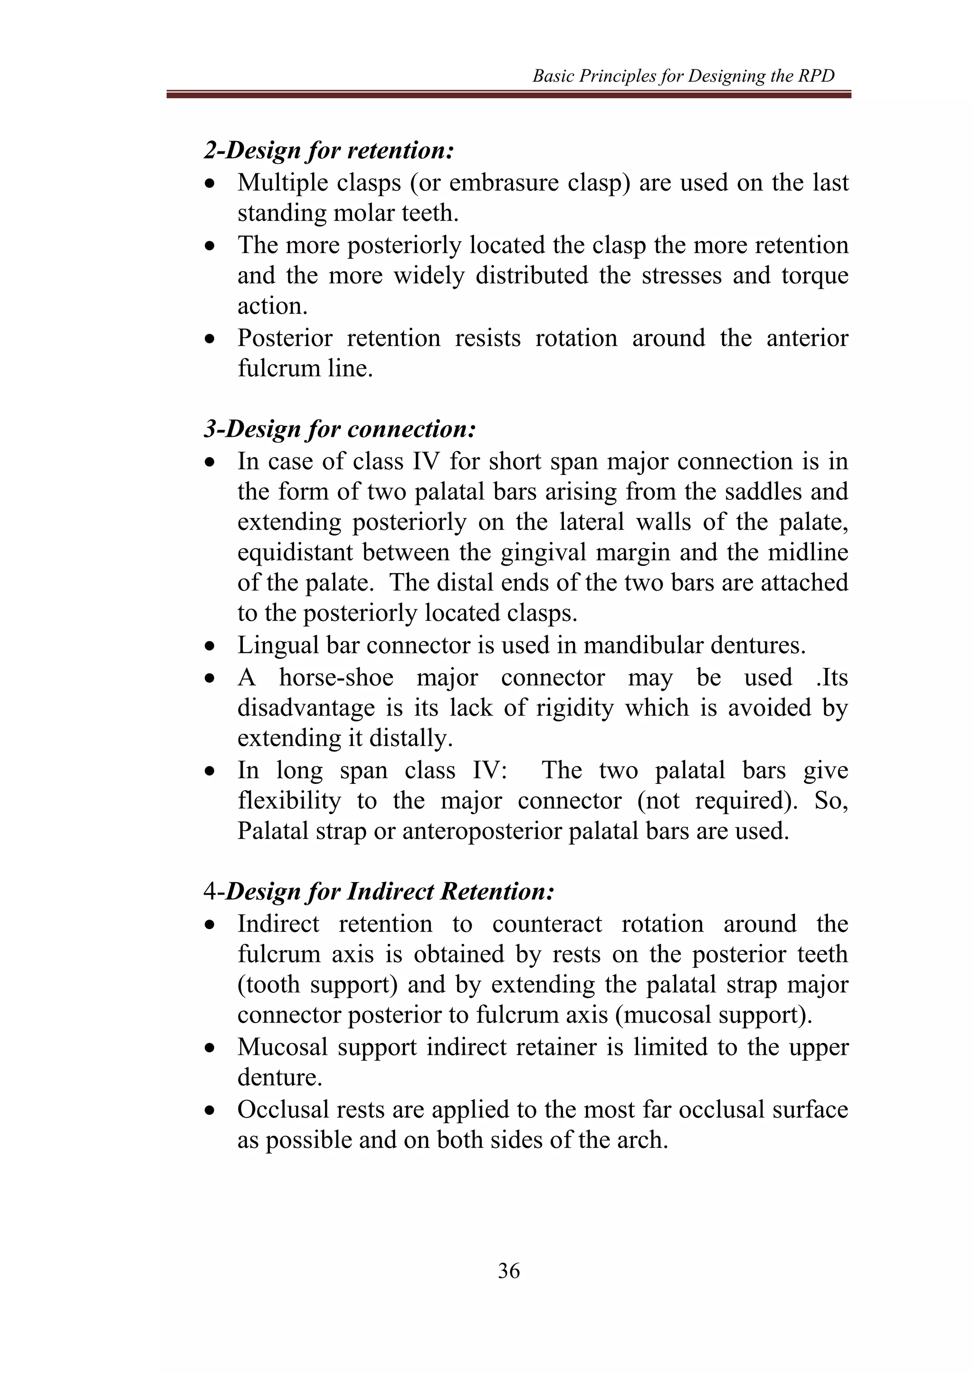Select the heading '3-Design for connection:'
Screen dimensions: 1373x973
(340, 429)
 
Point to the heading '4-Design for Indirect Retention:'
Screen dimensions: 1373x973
(379, 891)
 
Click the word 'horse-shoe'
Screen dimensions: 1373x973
(336, 677)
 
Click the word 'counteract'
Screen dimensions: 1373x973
(546, 924)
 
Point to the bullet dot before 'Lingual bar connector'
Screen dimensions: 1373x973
(209, 647)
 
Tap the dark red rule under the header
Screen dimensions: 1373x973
(509, 94)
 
